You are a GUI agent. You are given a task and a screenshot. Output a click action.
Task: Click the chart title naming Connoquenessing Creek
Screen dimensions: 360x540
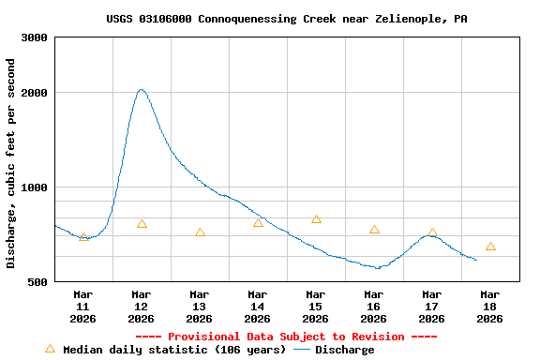(287, 19)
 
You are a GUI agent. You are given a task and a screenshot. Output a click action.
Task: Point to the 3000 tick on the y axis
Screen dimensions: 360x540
(36, 37)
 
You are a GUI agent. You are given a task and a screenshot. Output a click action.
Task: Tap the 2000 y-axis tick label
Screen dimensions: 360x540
(36, 93)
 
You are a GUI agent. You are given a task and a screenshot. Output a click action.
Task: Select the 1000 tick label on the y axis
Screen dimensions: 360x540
(36, 187)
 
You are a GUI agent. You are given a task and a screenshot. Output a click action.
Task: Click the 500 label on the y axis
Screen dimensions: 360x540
(38, 281)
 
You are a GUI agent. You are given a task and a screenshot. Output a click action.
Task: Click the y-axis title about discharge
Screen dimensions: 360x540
(11, 163)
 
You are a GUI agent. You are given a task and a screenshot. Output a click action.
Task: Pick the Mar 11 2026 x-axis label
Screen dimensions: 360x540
(82, 307)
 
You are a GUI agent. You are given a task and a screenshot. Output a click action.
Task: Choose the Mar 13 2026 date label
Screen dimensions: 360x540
(199, 307)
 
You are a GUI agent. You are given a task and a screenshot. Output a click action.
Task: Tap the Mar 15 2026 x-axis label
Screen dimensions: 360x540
(315, 307)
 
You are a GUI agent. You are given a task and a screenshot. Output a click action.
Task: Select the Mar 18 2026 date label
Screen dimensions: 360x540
(489, 307)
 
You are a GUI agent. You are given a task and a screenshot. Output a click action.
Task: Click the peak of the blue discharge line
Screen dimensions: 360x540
(141, 90)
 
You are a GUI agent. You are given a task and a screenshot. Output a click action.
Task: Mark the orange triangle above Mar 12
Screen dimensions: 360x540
(142, 224)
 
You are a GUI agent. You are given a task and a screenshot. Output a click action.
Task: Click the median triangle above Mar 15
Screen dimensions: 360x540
(316, 219)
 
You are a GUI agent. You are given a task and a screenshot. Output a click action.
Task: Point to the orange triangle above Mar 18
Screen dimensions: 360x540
(490, 247)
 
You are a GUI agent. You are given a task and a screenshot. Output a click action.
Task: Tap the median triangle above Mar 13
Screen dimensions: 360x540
(200, 232)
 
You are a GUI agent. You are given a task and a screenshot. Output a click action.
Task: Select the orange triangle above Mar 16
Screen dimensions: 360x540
(374, 230)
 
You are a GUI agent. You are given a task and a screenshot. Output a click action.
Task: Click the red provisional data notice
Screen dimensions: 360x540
(286, 337)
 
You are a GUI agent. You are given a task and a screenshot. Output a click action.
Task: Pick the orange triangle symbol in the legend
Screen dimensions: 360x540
(50, 349)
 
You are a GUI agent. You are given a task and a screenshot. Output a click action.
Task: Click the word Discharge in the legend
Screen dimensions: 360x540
(344, 350)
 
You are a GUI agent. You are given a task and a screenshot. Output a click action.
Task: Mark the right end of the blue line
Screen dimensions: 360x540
(476, 260)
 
